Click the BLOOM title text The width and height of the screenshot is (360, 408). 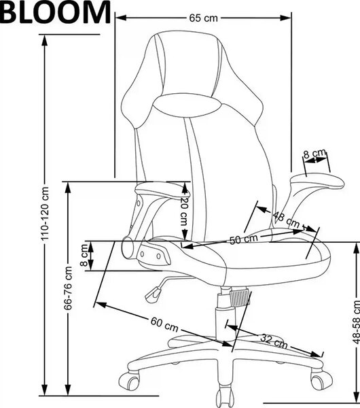[x=55, y=12]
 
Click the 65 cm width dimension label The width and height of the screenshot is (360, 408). [x=203, y=18]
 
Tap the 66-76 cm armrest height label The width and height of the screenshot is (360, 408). [x=68, y=288]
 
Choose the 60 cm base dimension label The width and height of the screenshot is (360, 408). [x=164, y=324]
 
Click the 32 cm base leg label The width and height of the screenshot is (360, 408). [x=274, y=341]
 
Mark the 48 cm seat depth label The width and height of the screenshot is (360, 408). [x=286, y=220]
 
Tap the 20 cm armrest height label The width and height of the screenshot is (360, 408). [x=184, y=211]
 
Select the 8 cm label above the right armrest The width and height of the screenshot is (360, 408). [x=314, y=154]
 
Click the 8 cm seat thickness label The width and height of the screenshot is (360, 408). [x=84, y=255]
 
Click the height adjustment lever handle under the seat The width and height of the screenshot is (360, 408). [x=153, y=294]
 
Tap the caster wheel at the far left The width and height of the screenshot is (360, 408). [x=128, y=381]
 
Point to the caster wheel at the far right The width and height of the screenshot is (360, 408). [x=321, y=381]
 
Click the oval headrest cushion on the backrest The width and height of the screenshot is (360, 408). [x=187, y=105]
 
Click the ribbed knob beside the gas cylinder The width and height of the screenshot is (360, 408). [x=239, y=299]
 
